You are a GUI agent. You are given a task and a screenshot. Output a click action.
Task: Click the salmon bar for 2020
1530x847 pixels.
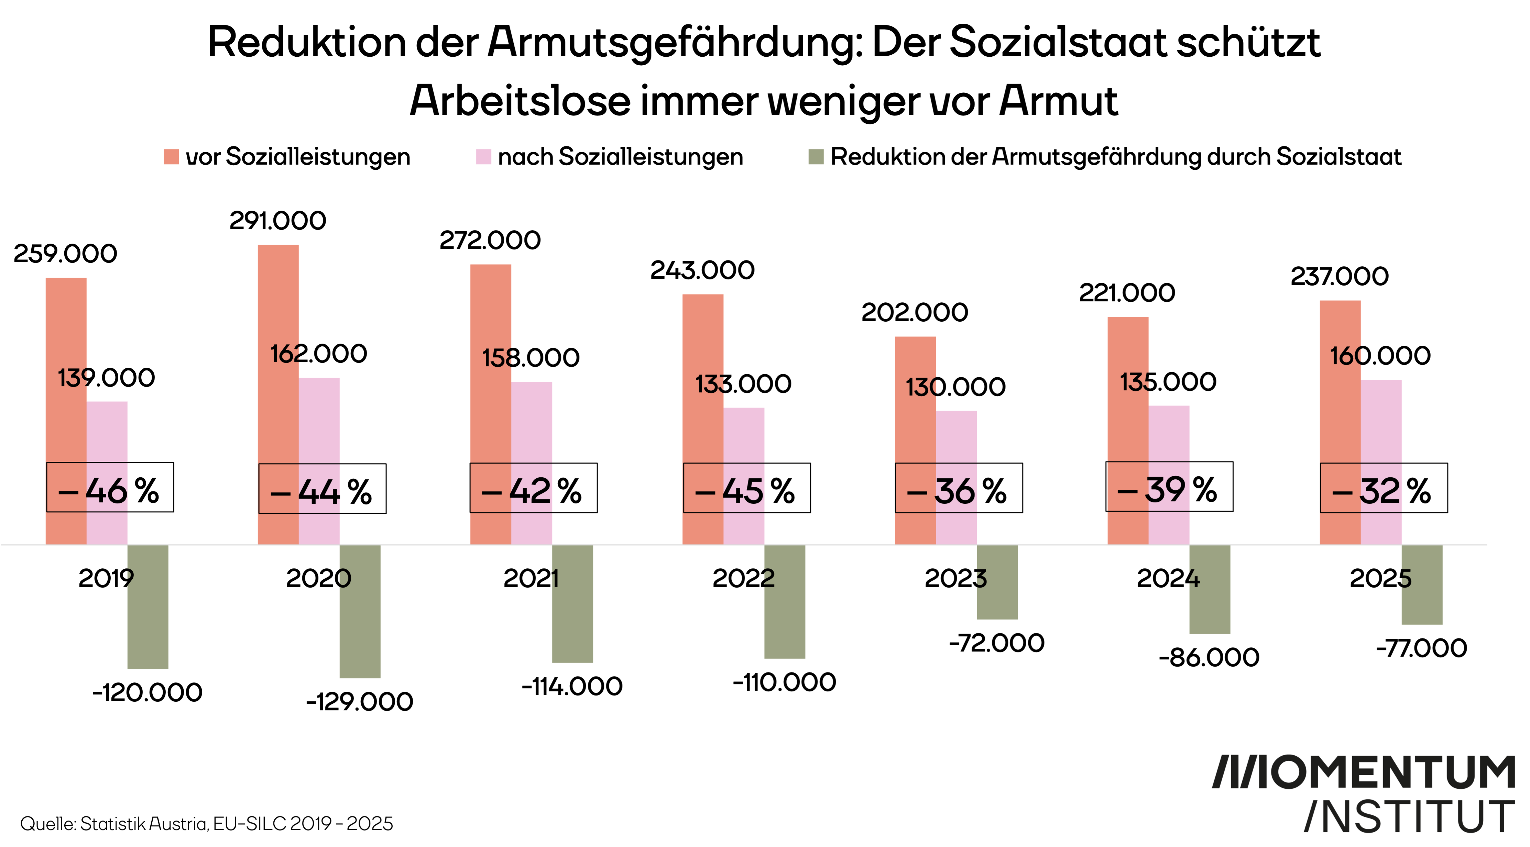tap(278, 356)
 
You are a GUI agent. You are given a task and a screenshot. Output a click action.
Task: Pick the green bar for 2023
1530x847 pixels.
tap(997, 582)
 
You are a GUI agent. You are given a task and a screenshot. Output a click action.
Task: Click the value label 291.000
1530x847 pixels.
tap(278, 221)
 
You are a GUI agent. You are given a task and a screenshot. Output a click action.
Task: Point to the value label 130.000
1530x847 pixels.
tap(955, 387)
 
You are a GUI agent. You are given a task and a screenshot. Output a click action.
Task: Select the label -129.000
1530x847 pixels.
tap(359, 702)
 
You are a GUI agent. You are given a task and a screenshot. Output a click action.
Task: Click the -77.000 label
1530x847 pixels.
tap(1421, 648)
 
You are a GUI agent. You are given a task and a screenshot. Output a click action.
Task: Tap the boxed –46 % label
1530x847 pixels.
tap(110, 487)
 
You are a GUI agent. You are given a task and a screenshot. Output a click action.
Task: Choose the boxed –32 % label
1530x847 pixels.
tap(1383, 488)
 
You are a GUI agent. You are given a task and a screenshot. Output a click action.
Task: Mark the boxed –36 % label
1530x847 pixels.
tap(959, 488)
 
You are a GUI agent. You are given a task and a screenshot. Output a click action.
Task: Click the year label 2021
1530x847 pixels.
tap(531, 578)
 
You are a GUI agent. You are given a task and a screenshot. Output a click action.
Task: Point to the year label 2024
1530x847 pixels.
tap(1168, 578)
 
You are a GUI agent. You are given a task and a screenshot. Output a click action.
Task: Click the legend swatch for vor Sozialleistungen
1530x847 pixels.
tap(171, 157)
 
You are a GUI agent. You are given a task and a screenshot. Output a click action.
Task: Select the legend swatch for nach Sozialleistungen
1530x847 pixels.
tap(483, 157)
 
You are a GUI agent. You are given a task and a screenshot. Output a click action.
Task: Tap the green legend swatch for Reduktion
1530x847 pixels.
tap(816, 157)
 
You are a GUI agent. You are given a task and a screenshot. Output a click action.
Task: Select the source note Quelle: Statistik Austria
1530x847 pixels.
tap(206, 824)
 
